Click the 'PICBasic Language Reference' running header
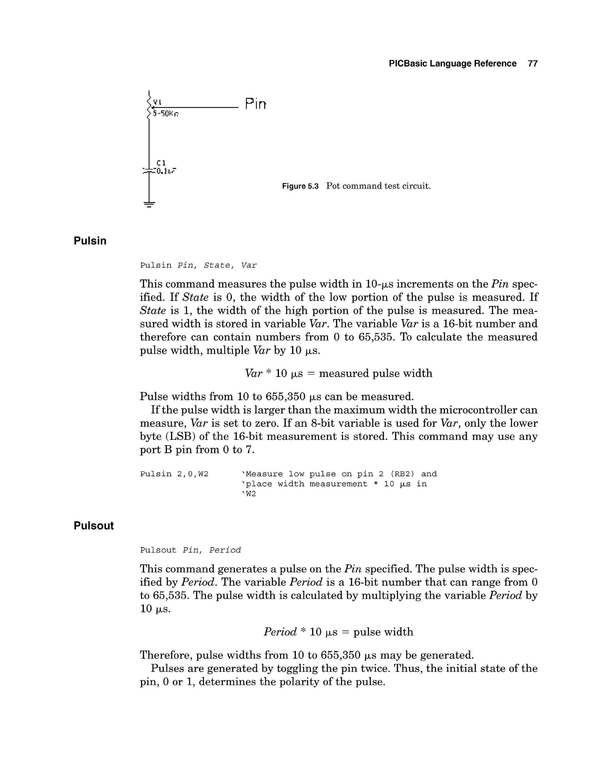click(452, 64)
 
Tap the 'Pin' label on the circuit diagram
click(255, 104)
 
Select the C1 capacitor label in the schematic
click(161, 163)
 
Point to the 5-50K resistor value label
click(166, 114)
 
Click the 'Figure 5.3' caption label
click(300, 186)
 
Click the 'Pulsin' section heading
click(90, 241)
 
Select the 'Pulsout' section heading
click(93, 526)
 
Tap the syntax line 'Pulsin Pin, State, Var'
click(198, 265)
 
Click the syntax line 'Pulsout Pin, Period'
click(190, 551)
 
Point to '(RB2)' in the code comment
click(402, 474)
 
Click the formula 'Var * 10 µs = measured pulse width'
click(338, 373)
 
